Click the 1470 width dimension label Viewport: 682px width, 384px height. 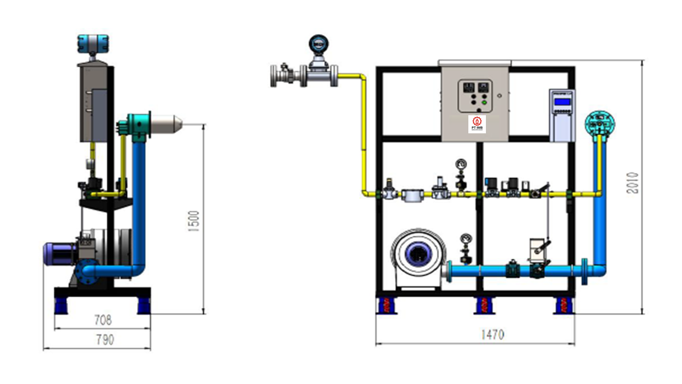tap(492, 334)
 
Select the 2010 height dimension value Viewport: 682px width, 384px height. tap(632, 182)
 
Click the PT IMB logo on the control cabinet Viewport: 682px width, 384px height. tap(476, 124)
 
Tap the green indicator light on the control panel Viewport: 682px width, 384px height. tap(484, 103)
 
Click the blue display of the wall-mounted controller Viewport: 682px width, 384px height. tap(562, 101)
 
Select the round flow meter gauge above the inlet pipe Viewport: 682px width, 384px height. tap(318, 42)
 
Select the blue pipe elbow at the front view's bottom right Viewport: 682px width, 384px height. tap(600, 269)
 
